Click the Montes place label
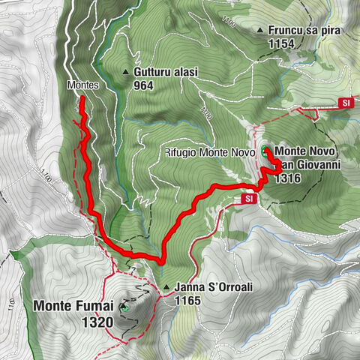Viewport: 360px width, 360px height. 83,85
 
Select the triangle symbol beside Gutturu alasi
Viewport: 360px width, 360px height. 125,73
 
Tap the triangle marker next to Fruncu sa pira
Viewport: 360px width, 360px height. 260,31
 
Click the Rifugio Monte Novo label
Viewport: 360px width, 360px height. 211,152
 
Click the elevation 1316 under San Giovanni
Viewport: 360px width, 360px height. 288,178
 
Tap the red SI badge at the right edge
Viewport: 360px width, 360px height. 346,103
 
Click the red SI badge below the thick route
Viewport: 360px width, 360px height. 249,199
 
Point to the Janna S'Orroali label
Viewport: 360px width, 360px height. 208,287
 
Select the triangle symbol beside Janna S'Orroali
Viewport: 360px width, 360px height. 165,287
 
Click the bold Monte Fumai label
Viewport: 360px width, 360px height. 73,306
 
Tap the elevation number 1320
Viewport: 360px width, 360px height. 98,321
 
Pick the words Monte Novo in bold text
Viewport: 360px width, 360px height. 309,151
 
